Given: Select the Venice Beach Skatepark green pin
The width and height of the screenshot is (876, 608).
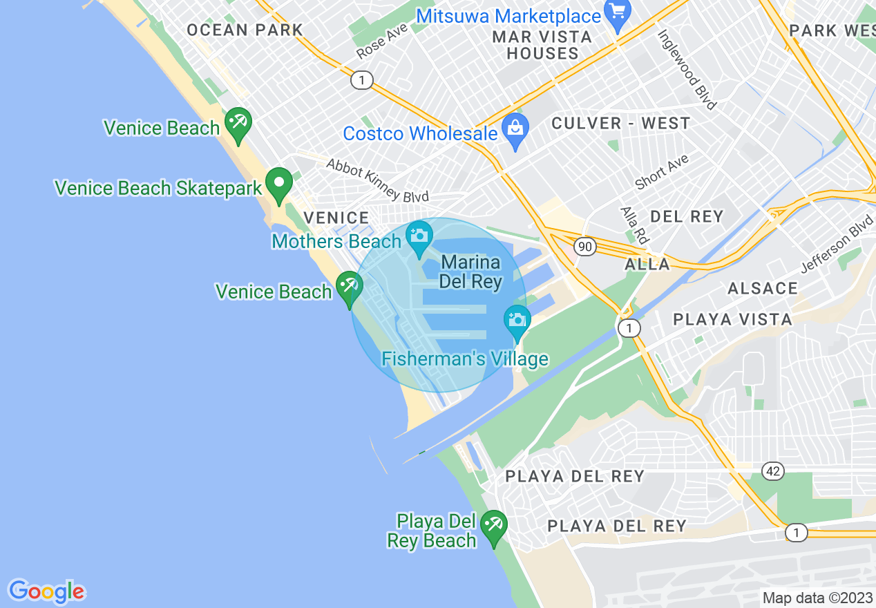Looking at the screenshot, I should [x=279, y=184].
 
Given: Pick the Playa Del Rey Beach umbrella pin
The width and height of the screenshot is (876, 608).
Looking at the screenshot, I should [x=493, y=526].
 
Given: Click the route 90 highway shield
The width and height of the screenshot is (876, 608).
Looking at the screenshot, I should [x=584, y=247].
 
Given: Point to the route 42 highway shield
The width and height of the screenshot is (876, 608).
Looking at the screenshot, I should [x=773, y=471].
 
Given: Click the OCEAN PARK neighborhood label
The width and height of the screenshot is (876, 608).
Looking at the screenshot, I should [x=245, y=30].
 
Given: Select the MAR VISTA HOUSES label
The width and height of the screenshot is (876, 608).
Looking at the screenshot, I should [x=542, y=45].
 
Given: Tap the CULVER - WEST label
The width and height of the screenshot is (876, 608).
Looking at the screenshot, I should [x=620, y=124].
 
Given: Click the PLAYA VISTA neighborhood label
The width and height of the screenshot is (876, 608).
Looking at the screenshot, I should [x=732, y=319].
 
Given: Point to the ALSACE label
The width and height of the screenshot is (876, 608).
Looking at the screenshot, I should [x=763, y=288].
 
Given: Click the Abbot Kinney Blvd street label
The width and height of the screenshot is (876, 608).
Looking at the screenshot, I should [x=377, y=180].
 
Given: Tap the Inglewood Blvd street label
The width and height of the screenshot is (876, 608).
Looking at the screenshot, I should [x=687, y=69].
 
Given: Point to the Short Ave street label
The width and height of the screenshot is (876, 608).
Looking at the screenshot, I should [x=662, y=171].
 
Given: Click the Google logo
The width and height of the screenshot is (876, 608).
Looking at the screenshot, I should [x=46, y=591].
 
